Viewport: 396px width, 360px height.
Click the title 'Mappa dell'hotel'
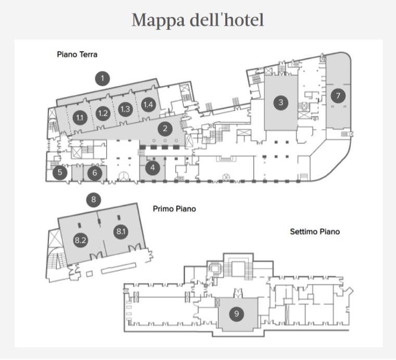coord(198,20)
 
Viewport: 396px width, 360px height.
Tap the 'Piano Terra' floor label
coord(77,54)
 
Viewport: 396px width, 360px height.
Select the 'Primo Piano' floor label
coord(174,209)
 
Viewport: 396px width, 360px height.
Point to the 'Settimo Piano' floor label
coord(314,231)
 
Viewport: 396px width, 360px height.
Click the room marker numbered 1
coord(103,79)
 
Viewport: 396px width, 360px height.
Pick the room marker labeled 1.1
coord(80,117)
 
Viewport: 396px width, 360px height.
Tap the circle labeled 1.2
coord(103,113)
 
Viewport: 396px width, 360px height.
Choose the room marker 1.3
coord(125,109)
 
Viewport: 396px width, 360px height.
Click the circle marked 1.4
coord(148,105)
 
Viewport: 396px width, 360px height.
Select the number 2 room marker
coord(165,128)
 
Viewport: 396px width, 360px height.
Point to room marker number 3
coord(281,102)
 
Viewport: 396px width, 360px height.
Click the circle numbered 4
coord(152,168)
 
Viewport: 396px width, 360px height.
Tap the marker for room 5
coord(60,172)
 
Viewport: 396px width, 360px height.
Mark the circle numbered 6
coord(94,173)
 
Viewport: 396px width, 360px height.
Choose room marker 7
coord(338,95)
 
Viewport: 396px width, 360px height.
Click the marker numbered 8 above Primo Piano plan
coord(93,199)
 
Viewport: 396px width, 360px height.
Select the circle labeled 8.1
coord(121,231)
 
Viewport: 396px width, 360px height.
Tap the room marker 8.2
coord(80,241)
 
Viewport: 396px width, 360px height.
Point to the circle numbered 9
coord(237,313)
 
